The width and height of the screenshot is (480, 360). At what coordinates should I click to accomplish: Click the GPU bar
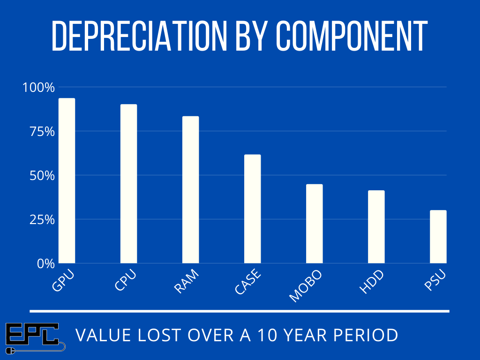(x=67, y=180)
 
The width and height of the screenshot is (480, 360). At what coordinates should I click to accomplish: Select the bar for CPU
(x=128, y=183)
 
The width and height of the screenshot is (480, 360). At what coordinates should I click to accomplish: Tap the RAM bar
(x=190, y=189)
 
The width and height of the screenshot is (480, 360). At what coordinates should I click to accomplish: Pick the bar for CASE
(x=252, y=209)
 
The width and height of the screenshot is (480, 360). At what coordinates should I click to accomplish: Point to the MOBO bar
(x=314, y=224)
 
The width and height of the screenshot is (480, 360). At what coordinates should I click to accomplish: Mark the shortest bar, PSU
(x=438, y=236)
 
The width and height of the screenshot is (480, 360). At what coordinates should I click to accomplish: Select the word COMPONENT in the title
(x=351, y=37)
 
